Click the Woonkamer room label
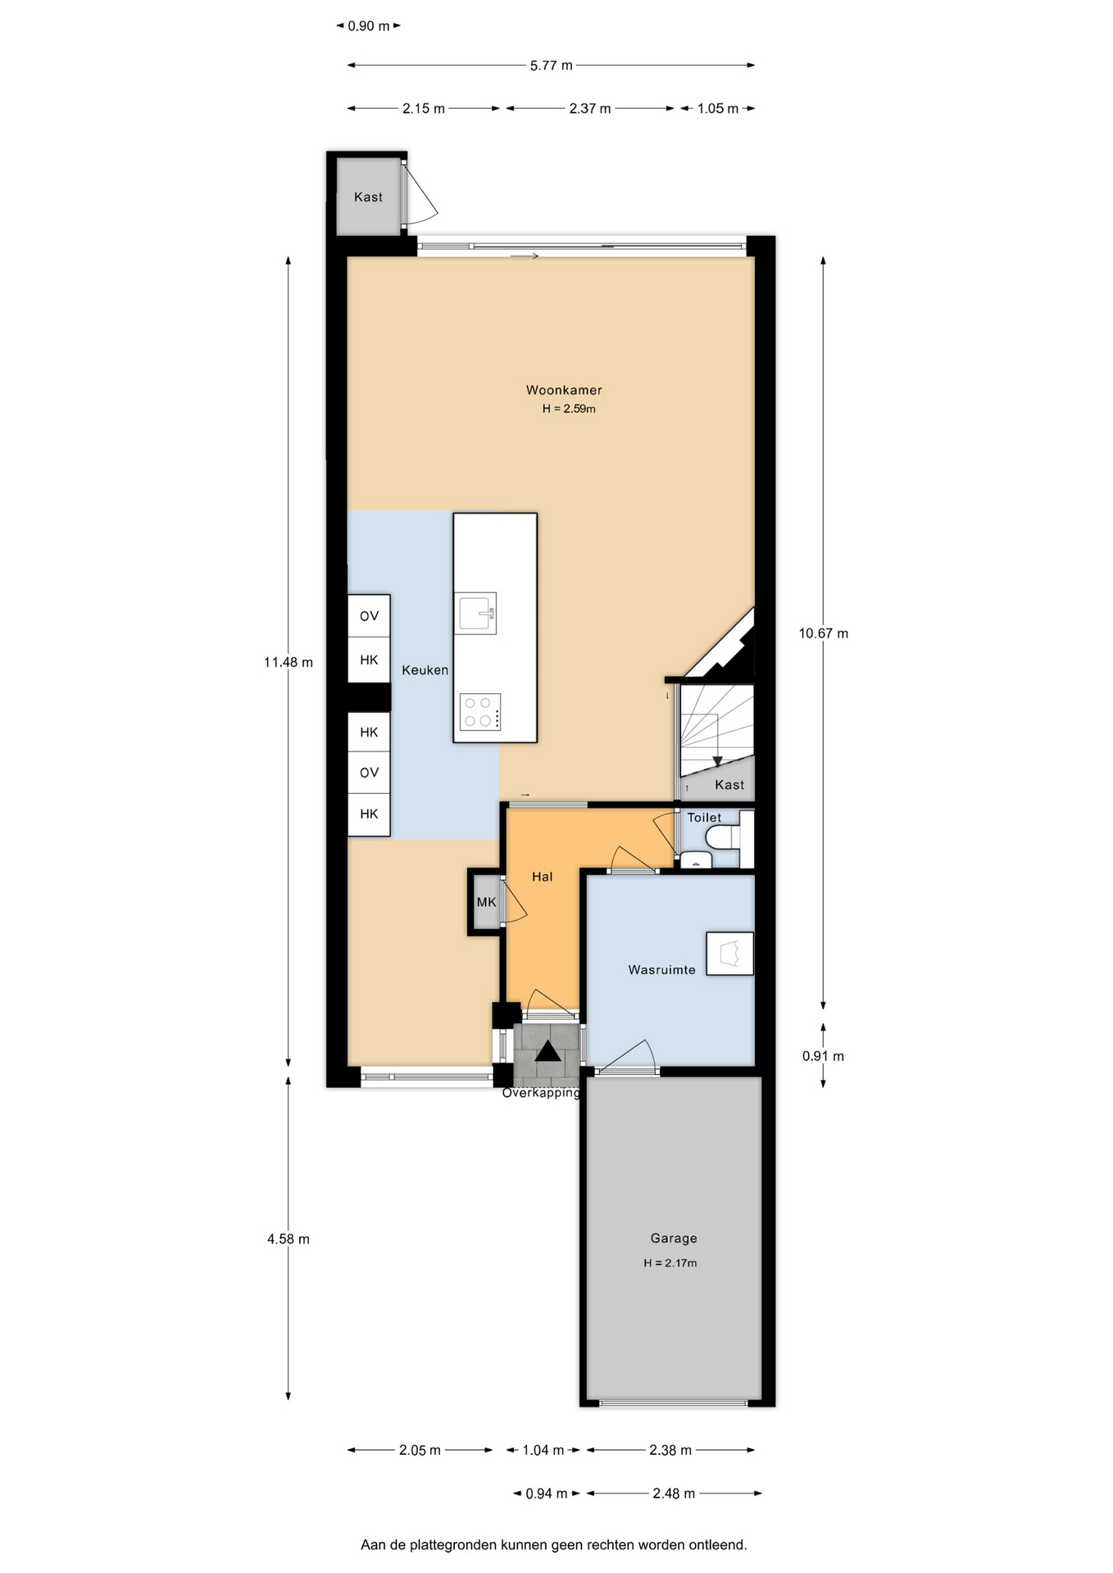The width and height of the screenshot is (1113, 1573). click(x=564, y=391)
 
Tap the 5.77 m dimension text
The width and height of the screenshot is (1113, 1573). click(x=551, y=66)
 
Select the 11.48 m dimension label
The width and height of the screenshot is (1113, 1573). click(x=288, y=662)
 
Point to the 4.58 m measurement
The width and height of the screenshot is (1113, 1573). click(x=288, y=1239)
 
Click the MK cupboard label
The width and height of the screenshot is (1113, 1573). click(x=486, y=902)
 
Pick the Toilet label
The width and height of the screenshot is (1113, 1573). click(x=704, y=818)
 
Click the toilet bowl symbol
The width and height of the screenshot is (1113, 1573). click(x=725, y=836)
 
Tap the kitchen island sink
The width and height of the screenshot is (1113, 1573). click(x=477, y=614)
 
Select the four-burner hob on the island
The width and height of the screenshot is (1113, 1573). click(x=480, y=712)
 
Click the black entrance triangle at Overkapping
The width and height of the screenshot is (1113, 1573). click(x=547, y=1051)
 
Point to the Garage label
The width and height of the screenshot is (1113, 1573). click(x=674, y=1239)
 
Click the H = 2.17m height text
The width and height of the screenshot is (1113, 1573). click(x=670, y=1263)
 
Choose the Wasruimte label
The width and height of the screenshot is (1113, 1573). click(x=661, y=970)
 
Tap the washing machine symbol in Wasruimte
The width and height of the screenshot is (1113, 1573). click(x=729, y=954)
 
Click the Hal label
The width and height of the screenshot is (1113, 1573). click(x=542, y=877)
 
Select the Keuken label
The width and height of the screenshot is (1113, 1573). click(x=425, y=670)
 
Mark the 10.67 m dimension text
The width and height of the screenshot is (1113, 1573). click(x=824, y=633)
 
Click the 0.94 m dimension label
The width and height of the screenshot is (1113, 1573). click(x=546, y=1494)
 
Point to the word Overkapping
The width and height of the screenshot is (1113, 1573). click(x=541, y=1093)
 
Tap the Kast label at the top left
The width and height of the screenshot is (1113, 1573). click(x=368, y=197)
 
